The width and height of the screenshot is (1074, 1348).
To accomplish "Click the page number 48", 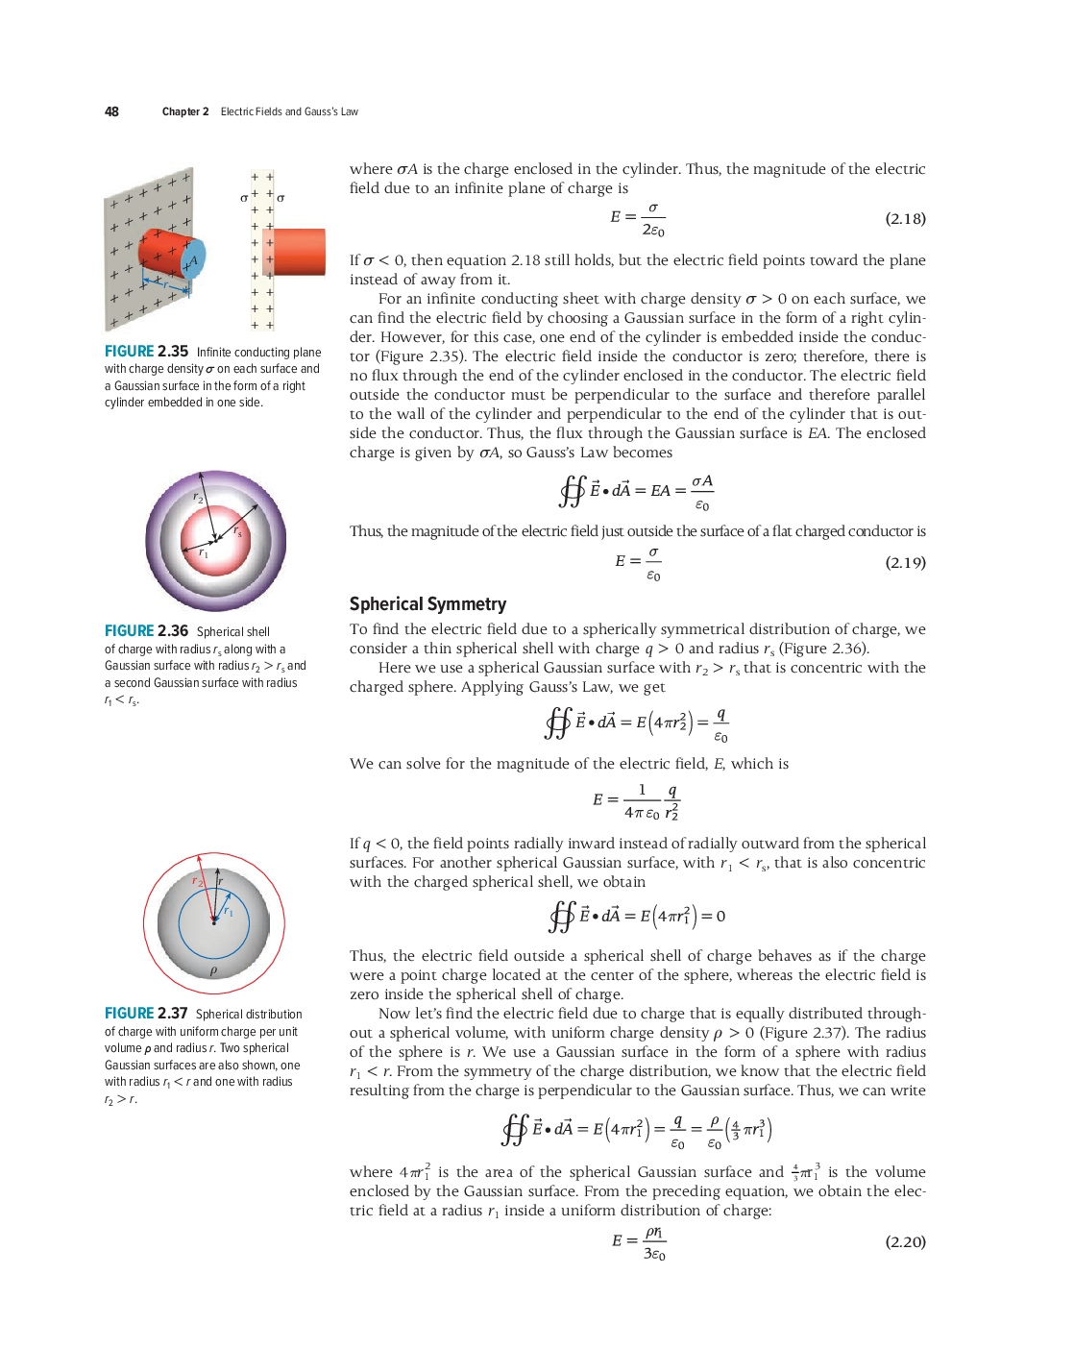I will click(x=111, y=111).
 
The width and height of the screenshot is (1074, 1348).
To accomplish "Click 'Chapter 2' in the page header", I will click(x=185, y=111).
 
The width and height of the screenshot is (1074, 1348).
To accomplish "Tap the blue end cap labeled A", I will click(x=193, y=259).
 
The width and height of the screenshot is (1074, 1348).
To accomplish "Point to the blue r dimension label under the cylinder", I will click(x=165, y=284).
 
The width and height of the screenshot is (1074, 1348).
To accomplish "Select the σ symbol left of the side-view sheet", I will click(x=244, y=198).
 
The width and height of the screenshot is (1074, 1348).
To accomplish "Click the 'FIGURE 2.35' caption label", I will click(x=146, y=352).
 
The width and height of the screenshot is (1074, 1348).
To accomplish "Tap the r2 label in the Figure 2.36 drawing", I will click(x=198, y=498).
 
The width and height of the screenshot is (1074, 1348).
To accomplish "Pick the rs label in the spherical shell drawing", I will click(x=237, y=530).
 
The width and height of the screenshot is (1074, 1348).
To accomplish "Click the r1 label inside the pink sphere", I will click(x=203, y=552).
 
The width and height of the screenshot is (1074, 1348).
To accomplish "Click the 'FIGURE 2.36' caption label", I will click(x=146, y=631).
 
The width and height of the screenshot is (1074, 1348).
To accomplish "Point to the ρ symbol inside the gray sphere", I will click(x=213, y=970).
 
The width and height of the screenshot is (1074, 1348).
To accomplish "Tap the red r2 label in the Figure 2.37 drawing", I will click(x=196, y=880).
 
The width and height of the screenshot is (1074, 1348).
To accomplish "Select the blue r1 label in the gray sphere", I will click(x=228, y=911).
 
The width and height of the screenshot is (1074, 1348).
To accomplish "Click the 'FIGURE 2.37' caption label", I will click(x=146, y=1014).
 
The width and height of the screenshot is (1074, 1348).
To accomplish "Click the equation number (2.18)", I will click(x=905, y=219).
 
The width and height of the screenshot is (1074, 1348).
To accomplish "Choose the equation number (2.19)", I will click(x=905, y=563).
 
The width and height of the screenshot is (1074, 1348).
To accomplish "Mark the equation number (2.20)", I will click(x=905, y=1242).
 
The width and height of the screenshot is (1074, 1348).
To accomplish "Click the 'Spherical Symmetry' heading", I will click(x=427, y=604).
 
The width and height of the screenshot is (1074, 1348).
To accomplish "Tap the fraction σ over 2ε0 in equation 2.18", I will click(x=653, y=219).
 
